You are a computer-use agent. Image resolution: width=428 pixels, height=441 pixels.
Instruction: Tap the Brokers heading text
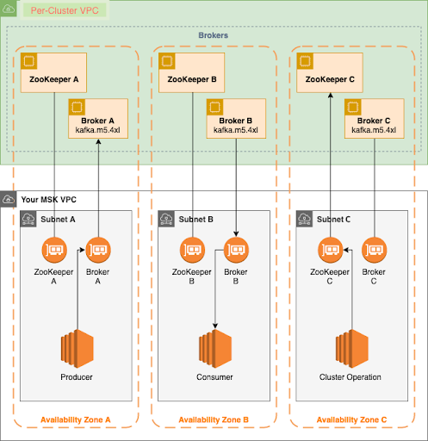point(214,37)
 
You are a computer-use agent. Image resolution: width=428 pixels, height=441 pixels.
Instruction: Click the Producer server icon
point(78,349)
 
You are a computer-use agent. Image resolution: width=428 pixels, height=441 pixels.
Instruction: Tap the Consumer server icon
point(214,349)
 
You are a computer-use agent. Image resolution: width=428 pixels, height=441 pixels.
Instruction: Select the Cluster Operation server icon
point(350,349)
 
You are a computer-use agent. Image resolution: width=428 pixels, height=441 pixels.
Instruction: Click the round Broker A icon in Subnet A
point(98,252)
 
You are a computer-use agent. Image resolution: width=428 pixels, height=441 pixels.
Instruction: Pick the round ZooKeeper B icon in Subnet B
point(193,252)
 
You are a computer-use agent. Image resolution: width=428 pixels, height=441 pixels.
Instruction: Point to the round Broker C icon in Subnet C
point(374,252)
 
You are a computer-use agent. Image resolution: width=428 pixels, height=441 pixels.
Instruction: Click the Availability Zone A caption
point(77,419)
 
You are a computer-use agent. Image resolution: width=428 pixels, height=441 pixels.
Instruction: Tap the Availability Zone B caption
point(214,419)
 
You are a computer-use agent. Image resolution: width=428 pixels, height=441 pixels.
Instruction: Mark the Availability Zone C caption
point(351,419)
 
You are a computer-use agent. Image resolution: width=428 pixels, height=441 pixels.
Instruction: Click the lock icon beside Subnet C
point(304,219)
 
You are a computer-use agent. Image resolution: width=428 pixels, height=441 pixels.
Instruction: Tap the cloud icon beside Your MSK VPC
point(9,199)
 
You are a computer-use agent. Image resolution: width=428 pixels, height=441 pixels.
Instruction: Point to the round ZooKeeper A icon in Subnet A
point(54,252)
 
